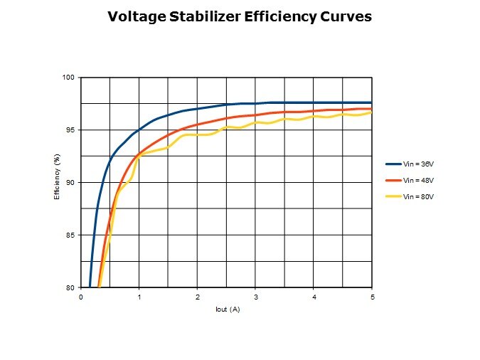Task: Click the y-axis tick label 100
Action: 69,77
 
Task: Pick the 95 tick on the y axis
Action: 71,129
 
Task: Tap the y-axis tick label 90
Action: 71,182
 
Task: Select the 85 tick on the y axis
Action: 71,235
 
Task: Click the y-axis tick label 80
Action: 71,287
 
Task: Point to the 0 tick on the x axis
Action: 81,296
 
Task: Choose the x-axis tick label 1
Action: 139,296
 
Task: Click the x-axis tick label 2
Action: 198,296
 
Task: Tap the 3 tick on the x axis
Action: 256,296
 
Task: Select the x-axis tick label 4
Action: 314,296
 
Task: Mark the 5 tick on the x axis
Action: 372,296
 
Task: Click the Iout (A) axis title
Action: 228,310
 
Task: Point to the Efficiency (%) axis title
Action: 57,182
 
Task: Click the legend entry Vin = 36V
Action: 418,164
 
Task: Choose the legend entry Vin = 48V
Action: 418,180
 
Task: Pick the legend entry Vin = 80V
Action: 418,196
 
